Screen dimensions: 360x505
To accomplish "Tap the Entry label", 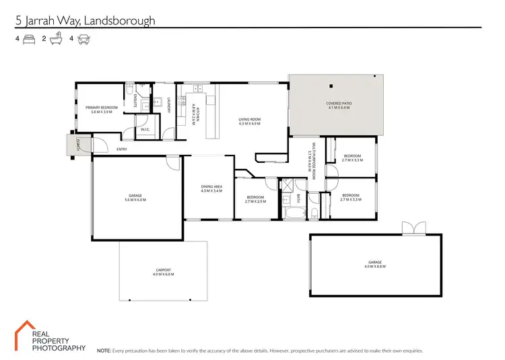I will tap(122, 149).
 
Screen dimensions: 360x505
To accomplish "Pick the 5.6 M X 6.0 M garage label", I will tap(135, 198).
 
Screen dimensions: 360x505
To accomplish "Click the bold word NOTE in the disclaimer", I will tap(104, 351).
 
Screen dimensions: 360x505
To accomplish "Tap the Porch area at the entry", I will tap(79, 144).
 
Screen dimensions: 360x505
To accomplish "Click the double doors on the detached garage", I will tap(411, 228).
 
